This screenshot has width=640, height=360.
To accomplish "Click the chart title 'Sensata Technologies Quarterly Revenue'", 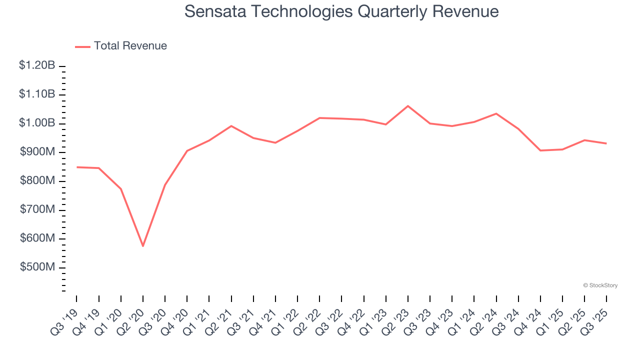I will click(x=341, y=11).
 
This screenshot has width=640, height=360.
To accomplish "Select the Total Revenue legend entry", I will click(x=121, y=46).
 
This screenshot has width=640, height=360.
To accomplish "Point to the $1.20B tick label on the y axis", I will click(x=37, y=65).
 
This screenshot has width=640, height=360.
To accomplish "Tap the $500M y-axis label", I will click(x=37, y=267).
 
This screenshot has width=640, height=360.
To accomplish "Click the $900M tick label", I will click(x=37, y=152).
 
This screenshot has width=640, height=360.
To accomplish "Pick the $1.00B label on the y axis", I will click(x=37, y=123).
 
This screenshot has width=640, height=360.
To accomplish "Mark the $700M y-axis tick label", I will click(x=37, y=210).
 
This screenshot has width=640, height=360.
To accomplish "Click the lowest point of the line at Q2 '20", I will click(x=143, y=246).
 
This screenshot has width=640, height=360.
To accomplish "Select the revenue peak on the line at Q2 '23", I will click(x=408, y=106).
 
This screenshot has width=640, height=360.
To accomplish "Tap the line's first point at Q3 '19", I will click(x=77, y=167).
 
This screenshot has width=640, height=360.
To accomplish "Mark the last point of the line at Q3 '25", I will click(x=606, y=143).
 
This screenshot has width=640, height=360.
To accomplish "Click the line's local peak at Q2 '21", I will click(x=231, y=126).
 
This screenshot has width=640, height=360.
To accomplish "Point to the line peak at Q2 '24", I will click(x=496, y=113).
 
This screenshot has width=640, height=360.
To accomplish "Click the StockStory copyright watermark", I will click(x=600, y=285).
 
